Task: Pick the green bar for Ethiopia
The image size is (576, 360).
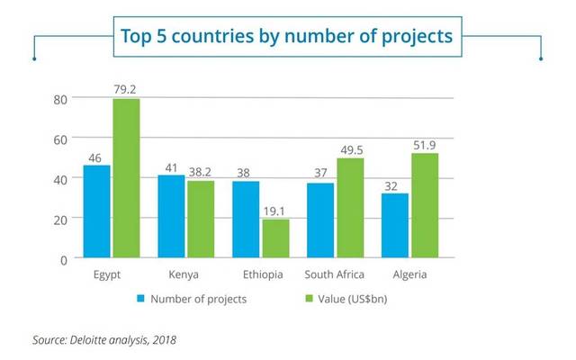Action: click(x=275, y=238)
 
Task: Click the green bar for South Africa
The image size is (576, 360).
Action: click(x=350, y=208)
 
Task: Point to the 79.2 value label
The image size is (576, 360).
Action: click(x=126, y=89)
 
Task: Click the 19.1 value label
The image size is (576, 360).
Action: click(x=275, y=210)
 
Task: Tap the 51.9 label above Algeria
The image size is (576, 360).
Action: click(x=425, y=144)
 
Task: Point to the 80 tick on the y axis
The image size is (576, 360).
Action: click(x=60, y=99)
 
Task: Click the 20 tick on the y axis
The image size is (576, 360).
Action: click(x=60, y=219)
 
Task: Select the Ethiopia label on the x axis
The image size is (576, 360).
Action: click(x=261, y=275)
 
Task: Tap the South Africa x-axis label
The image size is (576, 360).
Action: click(x=336, y=275)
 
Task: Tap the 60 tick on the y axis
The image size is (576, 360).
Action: click(x=60, y=139)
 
